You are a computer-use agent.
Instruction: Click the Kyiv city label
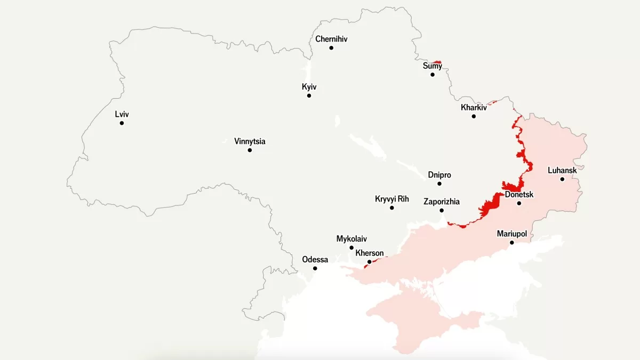click(x=309, y=86)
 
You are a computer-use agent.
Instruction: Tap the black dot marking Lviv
click(x=122, y=123)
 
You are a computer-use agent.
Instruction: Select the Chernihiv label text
click(x=331, y=39)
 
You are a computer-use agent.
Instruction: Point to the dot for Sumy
click(x=433, y=75)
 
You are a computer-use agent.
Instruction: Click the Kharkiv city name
click(x=474, y=107)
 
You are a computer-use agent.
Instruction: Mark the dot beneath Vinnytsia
click(x=250, y=150)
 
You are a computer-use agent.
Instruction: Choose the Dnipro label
click(x=439, y=175)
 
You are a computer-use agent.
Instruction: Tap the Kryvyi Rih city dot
click(x=392, y=207)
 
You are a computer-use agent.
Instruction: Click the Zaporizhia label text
click(x=442, y=202)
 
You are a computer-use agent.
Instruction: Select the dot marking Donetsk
click(x=519, y=203)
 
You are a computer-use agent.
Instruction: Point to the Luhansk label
click(x=562, y=171)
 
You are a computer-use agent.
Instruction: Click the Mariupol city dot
click(x=511, y=243)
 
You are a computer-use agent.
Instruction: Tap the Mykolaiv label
click(x=351, y=239)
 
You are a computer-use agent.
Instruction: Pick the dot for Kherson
click(x=370, y=262)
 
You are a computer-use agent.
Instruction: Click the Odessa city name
click(x=315, y=260)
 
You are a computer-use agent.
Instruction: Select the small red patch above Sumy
click(x=437, y=62)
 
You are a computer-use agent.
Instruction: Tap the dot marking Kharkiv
click(x=474, y=116)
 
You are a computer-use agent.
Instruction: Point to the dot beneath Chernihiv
click(x=331, y=48)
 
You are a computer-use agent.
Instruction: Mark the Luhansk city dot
click(x=562, y=179)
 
